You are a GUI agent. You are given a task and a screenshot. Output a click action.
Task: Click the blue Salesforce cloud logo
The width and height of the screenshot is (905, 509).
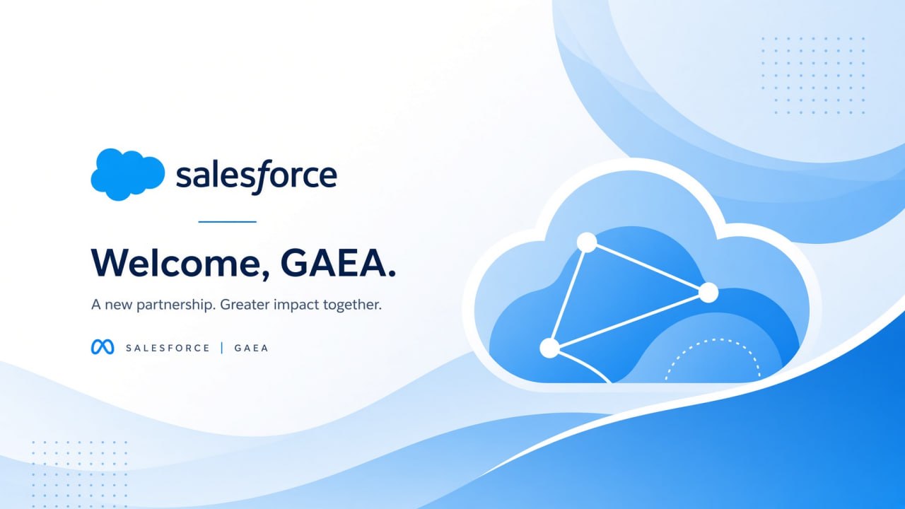128,174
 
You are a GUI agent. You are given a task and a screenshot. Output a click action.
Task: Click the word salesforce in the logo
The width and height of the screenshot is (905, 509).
257,176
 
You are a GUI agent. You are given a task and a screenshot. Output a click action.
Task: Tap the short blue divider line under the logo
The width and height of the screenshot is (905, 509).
228,222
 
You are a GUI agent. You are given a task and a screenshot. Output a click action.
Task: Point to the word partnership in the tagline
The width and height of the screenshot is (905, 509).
175,305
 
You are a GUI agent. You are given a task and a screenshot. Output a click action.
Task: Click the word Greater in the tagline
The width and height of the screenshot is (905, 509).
245,304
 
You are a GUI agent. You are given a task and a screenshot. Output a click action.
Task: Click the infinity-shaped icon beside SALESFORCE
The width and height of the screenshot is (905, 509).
103,347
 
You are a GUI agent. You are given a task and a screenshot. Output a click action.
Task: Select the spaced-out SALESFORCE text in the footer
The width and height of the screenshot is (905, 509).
168,348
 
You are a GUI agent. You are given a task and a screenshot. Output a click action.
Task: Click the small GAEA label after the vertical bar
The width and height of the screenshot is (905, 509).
251,348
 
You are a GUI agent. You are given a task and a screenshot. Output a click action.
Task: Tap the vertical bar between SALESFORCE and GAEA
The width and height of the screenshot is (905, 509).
222,348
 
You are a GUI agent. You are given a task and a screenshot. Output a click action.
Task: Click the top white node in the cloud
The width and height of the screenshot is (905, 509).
587,242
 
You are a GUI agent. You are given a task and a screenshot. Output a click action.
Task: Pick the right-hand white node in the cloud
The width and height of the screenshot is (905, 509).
708,293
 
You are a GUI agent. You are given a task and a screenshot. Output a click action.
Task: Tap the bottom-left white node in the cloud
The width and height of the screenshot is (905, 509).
549,348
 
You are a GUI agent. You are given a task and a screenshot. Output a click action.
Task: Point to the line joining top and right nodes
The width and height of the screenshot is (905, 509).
648,267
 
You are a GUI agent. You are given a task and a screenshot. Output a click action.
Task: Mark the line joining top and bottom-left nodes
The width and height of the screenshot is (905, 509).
568,296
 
